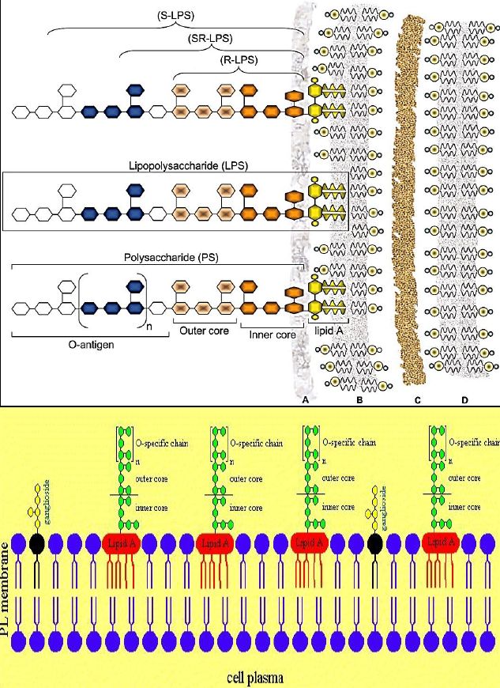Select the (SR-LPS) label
coord(210,38)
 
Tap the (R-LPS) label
coord(241,59)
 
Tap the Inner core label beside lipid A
coord(271,335)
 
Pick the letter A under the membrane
coord(305,400)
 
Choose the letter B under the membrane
coord(359,400)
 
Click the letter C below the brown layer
coord(416,400)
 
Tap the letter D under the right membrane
coord(465,400)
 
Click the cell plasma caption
coord(251,678)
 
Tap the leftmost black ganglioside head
coord(36,543)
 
